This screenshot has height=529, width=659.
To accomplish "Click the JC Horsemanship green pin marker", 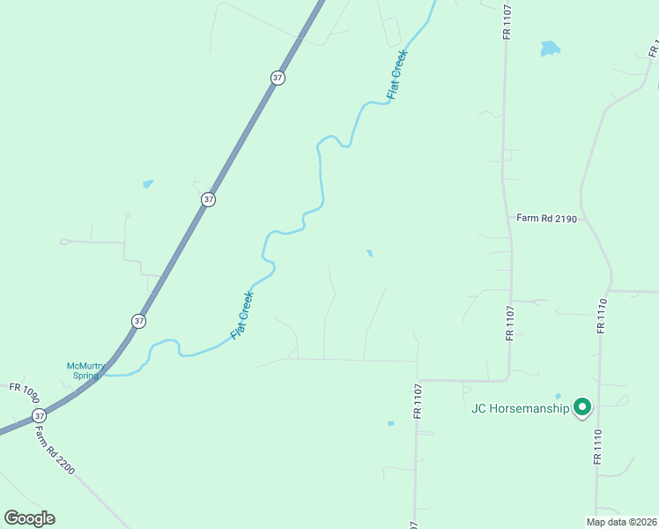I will point(581,407).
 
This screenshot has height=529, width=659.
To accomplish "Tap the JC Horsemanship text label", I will point(520,408).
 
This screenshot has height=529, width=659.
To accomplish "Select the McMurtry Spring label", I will point(85,370).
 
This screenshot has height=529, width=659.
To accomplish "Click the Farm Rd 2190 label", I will point(546,219).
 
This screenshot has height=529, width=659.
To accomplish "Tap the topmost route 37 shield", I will point(278,78).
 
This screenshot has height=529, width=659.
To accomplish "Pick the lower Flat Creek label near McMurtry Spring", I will point(242,316).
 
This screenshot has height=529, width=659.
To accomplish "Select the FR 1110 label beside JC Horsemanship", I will point(598,448).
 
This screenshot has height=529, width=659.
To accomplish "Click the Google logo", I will point(29,518).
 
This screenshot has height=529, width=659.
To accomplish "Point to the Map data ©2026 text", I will point(622,522).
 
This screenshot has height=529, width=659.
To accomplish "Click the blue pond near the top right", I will point(550,48).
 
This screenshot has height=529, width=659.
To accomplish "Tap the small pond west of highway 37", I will point(148,184).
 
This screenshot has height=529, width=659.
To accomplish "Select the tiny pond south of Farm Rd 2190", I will point(369,253).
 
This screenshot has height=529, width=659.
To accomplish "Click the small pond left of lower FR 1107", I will point(390,423).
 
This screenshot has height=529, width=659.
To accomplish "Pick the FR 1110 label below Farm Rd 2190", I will point(602,315).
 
